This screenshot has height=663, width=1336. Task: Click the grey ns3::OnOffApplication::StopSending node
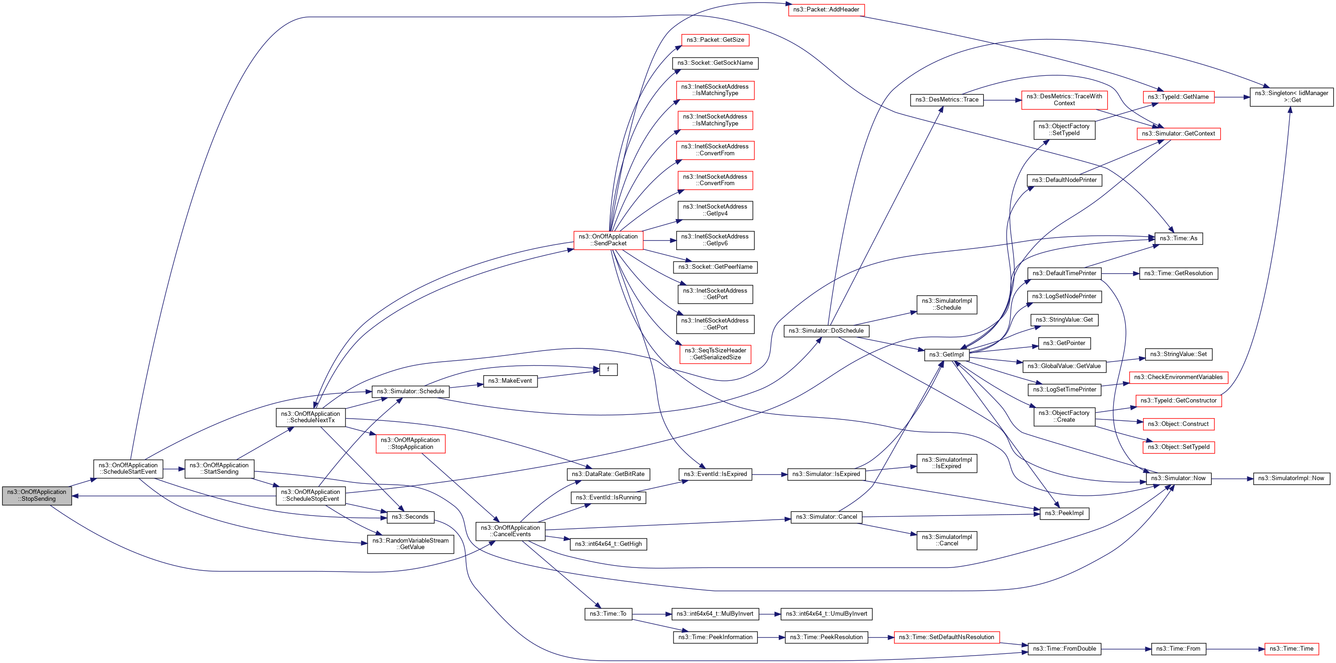coord(37,495)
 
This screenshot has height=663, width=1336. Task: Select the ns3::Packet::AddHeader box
coord(826,9)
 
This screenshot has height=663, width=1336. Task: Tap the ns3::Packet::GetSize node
coord(715,40)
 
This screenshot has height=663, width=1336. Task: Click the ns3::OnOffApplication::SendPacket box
coord(608,240)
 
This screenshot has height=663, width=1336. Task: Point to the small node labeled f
coord(608,369)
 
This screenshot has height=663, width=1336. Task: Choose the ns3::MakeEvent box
coord(510,381)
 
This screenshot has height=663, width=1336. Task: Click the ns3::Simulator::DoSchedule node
coord(826,330)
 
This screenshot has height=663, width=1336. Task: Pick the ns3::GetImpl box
coord(946,354)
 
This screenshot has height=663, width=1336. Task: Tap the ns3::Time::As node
coord(1178,238)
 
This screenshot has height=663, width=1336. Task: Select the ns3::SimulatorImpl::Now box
coord(1291,478)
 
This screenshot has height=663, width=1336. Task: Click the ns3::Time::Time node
coord(1291,648)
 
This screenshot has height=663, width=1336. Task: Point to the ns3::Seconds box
coord(410,517)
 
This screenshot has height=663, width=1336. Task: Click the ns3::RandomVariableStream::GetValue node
coord(410,544)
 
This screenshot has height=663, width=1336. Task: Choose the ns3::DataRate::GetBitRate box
coord(608,474)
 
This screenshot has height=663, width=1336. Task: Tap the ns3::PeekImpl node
coord(1064,513)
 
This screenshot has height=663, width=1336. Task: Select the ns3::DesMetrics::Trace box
coord(946,100)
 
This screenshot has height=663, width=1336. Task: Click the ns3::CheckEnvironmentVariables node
coord(1178,377)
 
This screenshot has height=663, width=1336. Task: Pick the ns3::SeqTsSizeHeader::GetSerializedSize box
coord(715,354)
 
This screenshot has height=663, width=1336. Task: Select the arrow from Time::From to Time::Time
coord(1235,648)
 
